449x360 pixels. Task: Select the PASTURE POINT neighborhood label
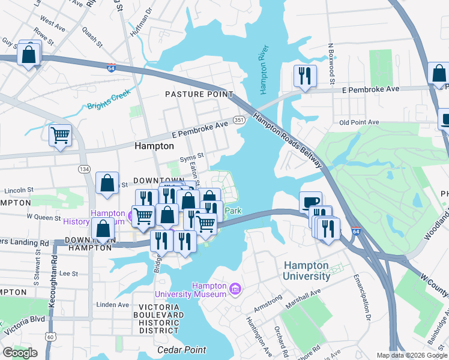point(199,94)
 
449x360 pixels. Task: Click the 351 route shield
point(239,121)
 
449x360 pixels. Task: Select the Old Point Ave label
point(359,122)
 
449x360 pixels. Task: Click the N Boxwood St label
point(331,63)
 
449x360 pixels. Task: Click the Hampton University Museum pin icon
point(235,290)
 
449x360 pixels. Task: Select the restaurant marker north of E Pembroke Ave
point(305,76)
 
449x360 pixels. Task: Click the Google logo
point(20,353)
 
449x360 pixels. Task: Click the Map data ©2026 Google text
point(411,355)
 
